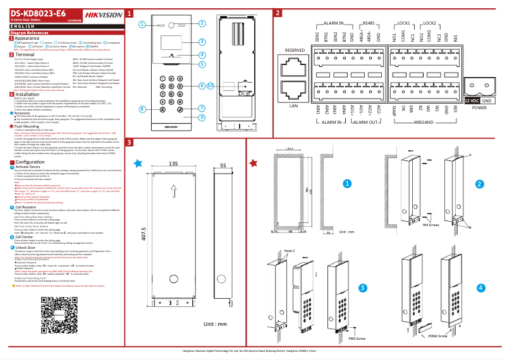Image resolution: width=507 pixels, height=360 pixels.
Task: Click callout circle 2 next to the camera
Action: point(201,23)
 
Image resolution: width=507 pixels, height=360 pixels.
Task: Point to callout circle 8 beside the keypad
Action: point(143,109)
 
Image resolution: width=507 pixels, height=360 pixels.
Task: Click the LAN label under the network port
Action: point(293,105)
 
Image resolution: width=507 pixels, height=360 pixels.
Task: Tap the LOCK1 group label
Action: point(403,23)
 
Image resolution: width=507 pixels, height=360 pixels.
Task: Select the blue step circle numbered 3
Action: point(362,288)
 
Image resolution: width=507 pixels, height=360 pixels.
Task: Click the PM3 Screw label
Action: point(358,339)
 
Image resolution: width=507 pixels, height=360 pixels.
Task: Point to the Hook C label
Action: point(290,251)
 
